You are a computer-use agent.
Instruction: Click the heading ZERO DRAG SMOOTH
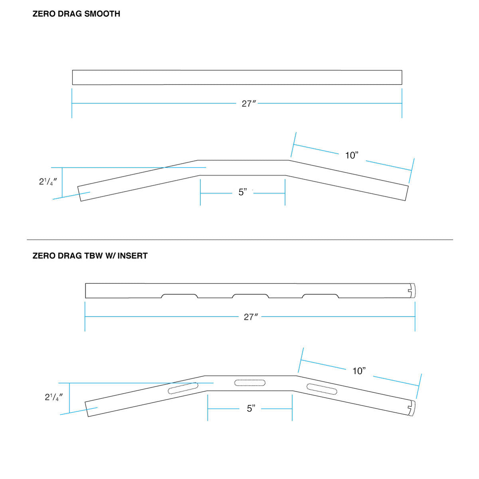click(76, 14)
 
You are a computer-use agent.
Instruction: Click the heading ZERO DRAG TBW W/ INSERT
click(90, 256)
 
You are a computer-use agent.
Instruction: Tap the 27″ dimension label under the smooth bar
click(248, 104)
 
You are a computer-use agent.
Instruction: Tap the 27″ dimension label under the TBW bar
click(251, 317)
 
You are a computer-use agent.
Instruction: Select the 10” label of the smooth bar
click(352, 155)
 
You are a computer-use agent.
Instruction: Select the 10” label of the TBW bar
click(359, 371)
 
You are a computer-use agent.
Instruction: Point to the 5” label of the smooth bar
click(243, 192)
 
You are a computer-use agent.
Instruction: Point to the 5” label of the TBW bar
click(251, 408)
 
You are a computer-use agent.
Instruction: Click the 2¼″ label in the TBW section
click(53, 397)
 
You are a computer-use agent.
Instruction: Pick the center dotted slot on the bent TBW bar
click(250, 383)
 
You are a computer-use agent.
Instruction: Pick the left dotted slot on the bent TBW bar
click(183, 388)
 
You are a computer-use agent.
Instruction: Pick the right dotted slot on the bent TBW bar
click(322, 388)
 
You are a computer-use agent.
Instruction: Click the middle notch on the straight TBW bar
click(251, 296)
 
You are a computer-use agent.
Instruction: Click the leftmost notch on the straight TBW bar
click(179, 296)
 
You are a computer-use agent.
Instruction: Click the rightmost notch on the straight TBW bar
click(321, 296)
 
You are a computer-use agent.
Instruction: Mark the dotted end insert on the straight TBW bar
click(413, 290)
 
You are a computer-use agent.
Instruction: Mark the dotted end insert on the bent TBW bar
click(412, 408)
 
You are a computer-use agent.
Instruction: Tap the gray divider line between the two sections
click(239, 239)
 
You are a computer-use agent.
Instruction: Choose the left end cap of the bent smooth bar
click(79, 194)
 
